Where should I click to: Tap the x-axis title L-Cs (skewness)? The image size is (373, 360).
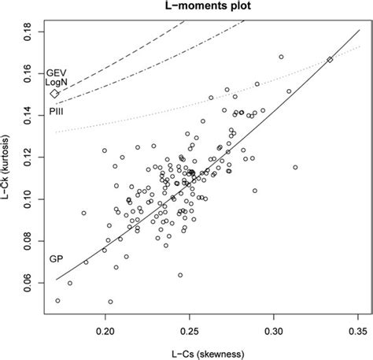coord(204,352)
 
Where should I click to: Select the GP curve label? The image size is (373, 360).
coord(56,258)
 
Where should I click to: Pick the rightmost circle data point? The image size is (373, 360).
coord(295,167)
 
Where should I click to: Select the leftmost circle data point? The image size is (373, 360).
coord(57,300)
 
